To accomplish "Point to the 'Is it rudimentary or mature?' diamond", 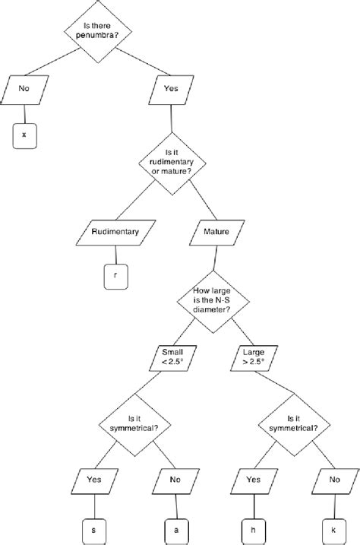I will point(170,163).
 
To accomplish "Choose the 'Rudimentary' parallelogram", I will point(115,232).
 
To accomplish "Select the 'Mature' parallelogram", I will point(212,232).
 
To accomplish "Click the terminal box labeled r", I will point(115,277).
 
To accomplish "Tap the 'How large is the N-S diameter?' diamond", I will point(212,300).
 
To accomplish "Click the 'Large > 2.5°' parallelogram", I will point(254,357).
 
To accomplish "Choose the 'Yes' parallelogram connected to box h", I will point(254,480).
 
